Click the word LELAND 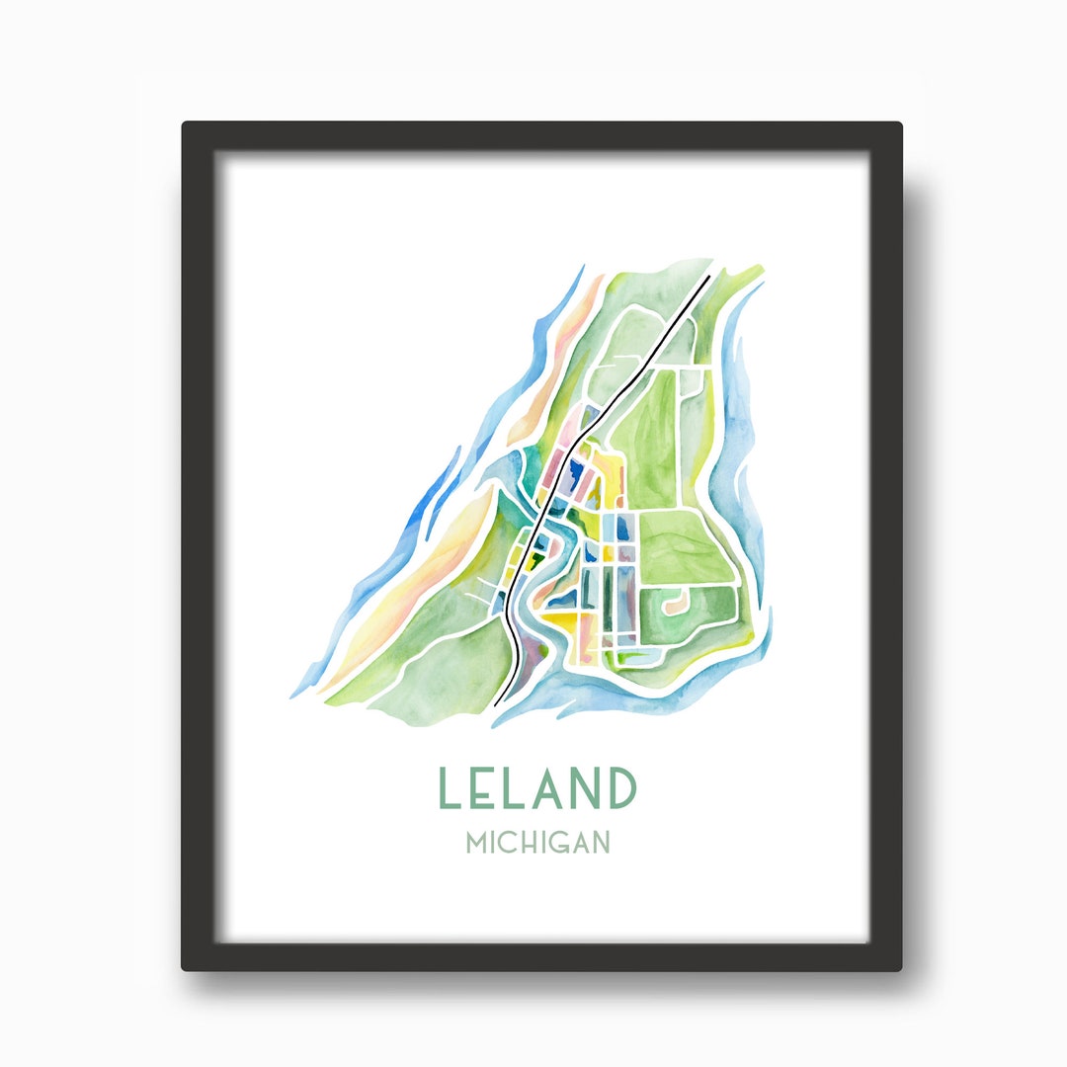point(536,788)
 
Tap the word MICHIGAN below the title point(537,843)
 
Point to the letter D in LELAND point(620,788)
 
